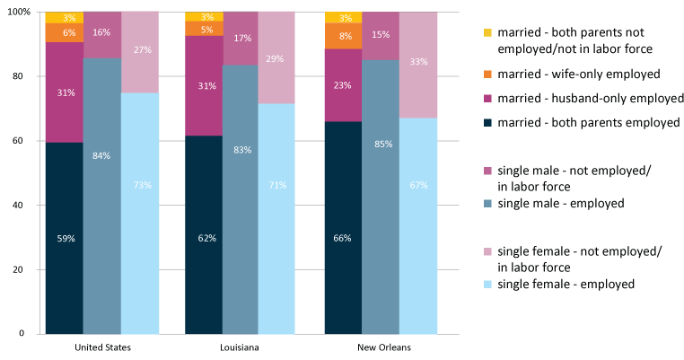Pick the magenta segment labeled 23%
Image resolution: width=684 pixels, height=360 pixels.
pyautogui.click(x=343, y=85)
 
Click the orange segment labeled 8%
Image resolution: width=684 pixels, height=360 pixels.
pyautogui.click(x=343, y=36)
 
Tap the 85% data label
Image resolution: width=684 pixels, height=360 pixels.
pyautogui.click(x=381, y=143)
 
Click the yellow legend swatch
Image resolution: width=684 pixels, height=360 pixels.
pyautogui.click(x=488, y=32)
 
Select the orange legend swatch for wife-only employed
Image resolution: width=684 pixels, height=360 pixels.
pyautogui.click(x=488, y=74)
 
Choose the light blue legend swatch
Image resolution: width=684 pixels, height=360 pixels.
pyautogui.click(x=488, y=285)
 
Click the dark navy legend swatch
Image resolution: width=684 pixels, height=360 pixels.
pyautogui.click(x=488, y=123)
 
